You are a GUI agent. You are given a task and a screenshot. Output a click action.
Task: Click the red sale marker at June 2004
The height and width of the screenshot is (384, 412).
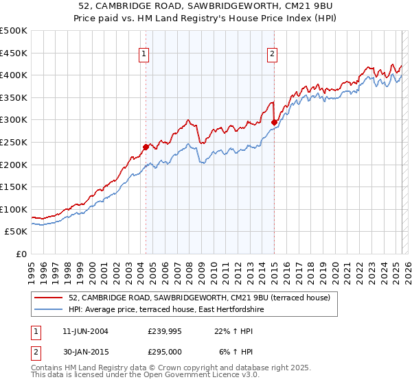pyautogui.click(x=146, y=146)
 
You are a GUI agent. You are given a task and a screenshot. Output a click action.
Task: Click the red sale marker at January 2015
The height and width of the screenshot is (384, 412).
pyautogui.click(x=274, y=122)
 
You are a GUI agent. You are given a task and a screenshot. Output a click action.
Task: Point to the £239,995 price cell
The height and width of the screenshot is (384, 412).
pyautogui.click(x=165, y=331)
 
